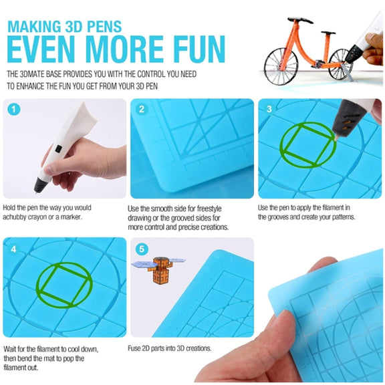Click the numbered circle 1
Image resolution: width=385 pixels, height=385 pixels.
14,110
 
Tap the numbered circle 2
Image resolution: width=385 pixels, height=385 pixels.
142,109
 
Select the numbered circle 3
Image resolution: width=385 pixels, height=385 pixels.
269,109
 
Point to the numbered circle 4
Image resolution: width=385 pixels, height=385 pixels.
14,249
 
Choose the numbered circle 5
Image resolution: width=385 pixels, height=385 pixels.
142,249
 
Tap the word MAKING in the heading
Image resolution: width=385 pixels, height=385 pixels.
34,27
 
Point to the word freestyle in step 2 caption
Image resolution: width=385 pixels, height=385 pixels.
209,209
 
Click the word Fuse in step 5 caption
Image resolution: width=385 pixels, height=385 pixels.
134,348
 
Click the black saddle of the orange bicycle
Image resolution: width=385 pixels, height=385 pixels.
300,20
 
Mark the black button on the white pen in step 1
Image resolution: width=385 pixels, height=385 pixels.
58,148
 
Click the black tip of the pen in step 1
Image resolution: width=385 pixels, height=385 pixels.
39,184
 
